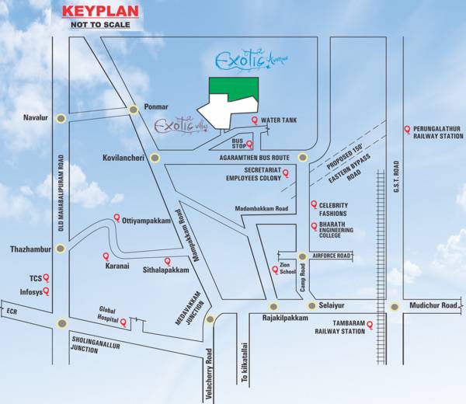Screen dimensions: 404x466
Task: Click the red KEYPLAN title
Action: point(99,12)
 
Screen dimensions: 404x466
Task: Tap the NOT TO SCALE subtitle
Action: point(99,26)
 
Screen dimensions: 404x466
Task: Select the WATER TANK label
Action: point(279,121)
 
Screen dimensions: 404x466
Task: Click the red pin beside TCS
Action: point(47,277)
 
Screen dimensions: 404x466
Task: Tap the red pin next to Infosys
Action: point(47,291)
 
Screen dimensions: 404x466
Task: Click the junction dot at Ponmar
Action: point(135,110)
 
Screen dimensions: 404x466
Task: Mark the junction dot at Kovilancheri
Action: point(155,158)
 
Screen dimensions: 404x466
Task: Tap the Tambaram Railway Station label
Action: point(339,327)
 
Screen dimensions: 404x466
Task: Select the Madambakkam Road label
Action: point(262,209)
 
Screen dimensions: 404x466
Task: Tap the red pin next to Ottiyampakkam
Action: point(117,218)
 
